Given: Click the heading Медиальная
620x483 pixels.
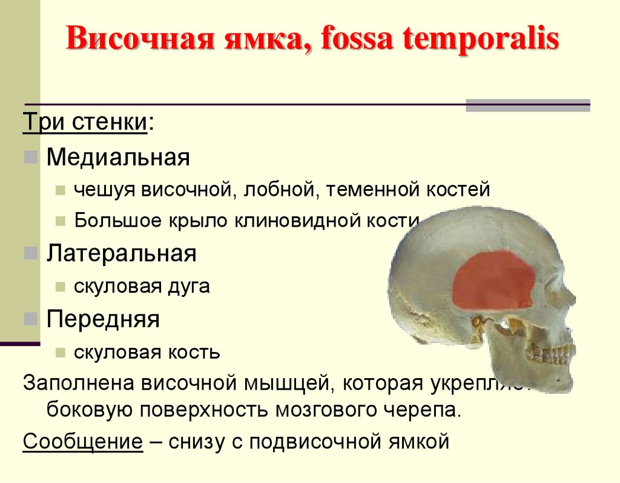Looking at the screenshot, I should (119, 158).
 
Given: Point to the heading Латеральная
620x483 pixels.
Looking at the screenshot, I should (122, 253).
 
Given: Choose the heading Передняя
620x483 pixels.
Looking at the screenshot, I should (103, 319).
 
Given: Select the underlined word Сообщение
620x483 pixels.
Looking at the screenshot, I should (83, 441).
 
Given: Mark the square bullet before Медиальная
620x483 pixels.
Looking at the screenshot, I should (31, 159).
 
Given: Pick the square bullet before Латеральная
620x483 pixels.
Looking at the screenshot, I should (31, 254).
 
